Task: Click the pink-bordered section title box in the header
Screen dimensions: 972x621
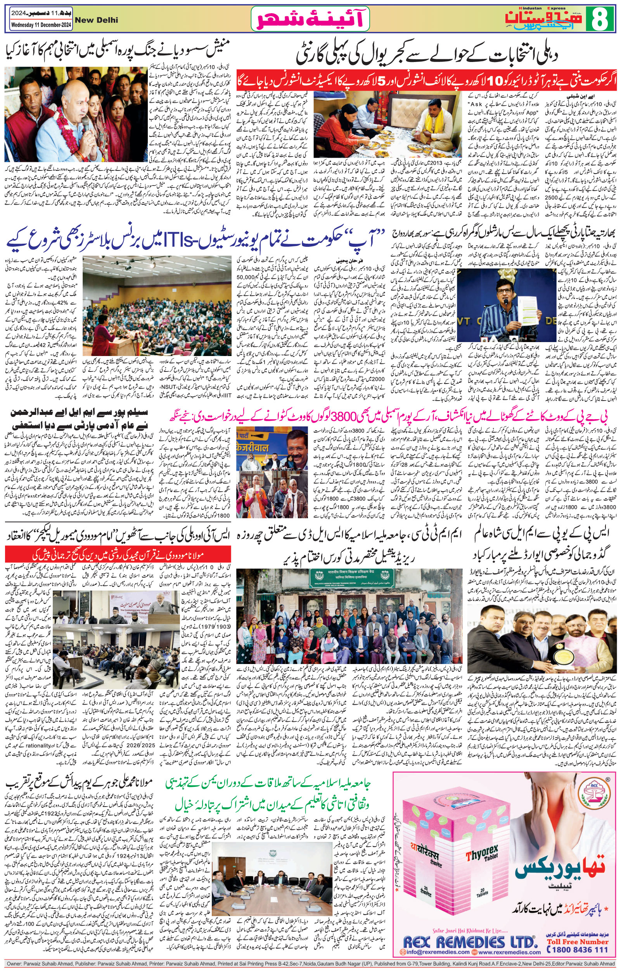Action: click(310, 19)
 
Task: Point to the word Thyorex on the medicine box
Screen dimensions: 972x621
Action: click(472, 831)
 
